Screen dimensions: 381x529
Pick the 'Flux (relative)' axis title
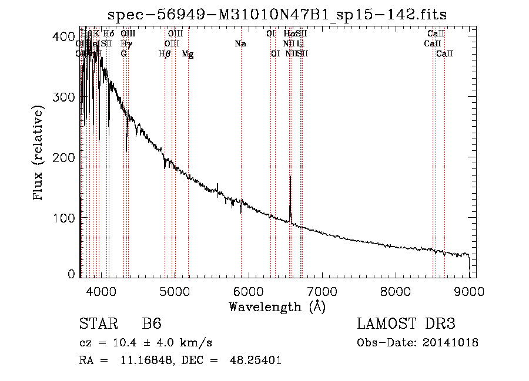pos(39,154)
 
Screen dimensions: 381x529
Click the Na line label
pos(240,44)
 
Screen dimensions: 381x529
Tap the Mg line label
pos(188,54)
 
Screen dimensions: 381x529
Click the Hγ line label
pos(125,44)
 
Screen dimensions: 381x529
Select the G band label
pos(123,54)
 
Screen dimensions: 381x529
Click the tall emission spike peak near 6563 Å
pos(290,176)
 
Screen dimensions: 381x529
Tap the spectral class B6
pos(152,325)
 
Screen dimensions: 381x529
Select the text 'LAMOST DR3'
pos(406,325)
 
